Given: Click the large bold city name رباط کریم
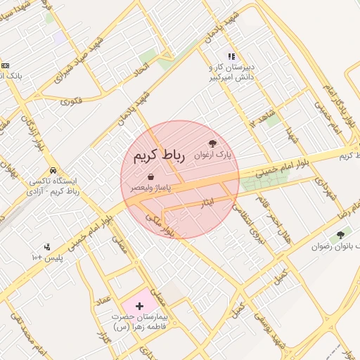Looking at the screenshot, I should coord(156,155).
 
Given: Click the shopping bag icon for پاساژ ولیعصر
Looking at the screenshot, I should coord(151,177).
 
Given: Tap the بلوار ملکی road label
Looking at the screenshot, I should coord(158,224).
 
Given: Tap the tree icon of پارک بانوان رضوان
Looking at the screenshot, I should coord(341,235).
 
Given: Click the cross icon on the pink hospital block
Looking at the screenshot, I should coord(139,306).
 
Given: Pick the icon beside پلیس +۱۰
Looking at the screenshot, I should coord(46,247).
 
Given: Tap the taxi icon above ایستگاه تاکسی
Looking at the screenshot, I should coord(53,171).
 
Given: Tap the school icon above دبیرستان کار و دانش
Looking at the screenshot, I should coord(231,56).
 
